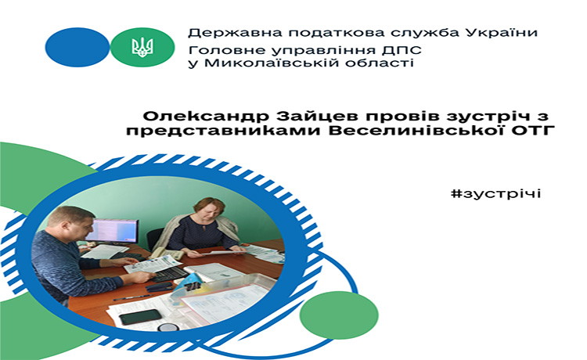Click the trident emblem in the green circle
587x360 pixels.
click(x=142, y=47)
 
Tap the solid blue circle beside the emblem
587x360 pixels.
click(x=77, y=47)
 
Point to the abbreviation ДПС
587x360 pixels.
click(x=402, y=50)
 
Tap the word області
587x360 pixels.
click(x=380, y=63)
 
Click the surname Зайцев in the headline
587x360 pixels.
click(x=317, y=116)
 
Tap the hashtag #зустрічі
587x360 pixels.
click(x=496, y=194)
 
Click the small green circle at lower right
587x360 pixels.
click(x=339, y=315)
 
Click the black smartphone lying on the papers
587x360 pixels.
click(x=140, y=317)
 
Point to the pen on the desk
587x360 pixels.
click(x=132, y=297)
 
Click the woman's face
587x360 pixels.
click(x=210, y=211)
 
